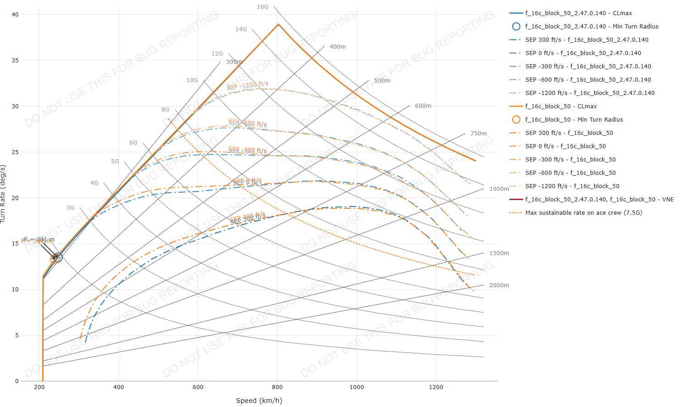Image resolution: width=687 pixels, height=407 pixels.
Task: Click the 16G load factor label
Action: point(262,7)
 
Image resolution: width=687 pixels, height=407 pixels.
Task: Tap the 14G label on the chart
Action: point(241,29)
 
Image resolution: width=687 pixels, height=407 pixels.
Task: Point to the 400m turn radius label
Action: point(338,47)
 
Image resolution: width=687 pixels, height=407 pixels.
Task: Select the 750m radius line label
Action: point(478,134)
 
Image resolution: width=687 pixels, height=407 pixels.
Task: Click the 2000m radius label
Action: point(499,285)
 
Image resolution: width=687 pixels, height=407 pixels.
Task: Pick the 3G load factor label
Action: point(70,208)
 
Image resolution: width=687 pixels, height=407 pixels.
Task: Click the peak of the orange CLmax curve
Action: point(278,24)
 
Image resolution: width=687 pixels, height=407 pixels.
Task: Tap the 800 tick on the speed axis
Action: point(277,387)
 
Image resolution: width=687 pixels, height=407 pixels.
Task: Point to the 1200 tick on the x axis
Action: point(436,387)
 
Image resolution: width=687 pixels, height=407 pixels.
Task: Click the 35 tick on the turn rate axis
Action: point(16,61)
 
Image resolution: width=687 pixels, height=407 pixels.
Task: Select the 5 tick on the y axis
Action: point(17,335)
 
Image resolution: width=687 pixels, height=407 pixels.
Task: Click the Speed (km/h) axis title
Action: point(259,401)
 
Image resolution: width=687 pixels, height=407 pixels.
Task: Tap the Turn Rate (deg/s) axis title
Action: point(3,194)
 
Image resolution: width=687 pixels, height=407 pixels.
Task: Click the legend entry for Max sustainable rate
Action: point(583,213)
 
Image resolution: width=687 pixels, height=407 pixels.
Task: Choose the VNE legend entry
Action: point(599,200)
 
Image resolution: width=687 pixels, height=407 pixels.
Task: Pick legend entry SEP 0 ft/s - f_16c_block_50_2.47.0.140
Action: point(583,53)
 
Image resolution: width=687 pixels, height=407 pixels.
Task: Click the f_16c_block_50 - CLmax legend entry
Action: point(561,106)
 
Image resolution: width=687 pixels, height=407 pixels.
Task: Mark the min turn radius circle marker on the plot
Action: point(56,258)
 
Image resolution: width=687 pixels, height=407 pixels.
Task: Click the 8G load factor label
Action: point(165,110)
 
